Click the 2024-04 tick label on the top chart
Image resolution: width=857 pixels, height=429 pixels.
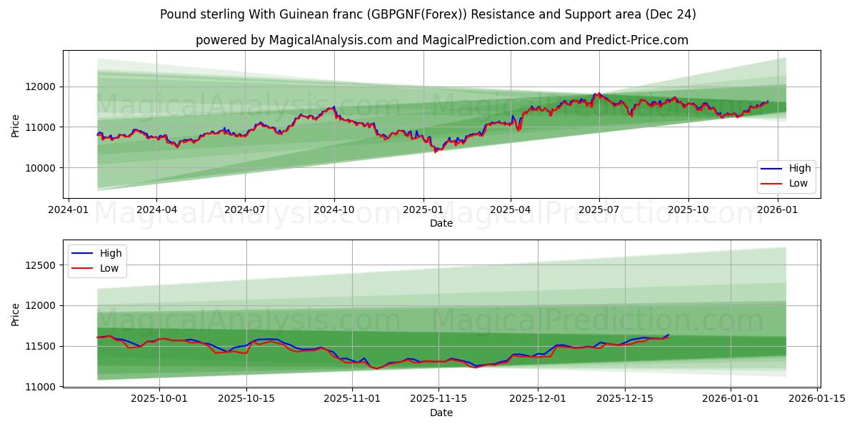pos(156,210)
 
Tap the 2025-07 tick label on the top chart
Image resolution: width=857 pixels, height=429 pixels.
pos(598,210)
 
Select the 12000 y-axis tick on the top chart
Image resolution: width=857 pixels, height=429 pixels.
pos(44,87)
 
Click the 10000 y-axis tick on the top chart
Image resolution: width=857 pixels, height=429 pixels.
pos(44,168)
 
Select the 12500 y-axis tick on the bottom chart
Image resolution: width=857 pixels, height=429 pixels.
pos(44,265)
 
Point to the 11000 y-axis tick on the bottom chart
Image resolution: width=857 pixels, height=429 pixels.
pos(44,387)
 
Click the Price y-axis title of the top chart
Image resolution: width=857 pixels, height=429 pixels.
pos(16,126)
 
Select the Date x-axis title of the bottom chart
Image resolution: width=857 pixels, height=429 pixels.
pos(441,413)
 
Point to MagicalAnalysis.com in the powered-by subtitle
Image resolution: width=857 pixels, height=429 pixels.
pos(330,40)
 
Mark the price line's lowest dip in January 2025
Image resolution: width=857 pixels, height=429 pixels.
pos(435,152)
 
